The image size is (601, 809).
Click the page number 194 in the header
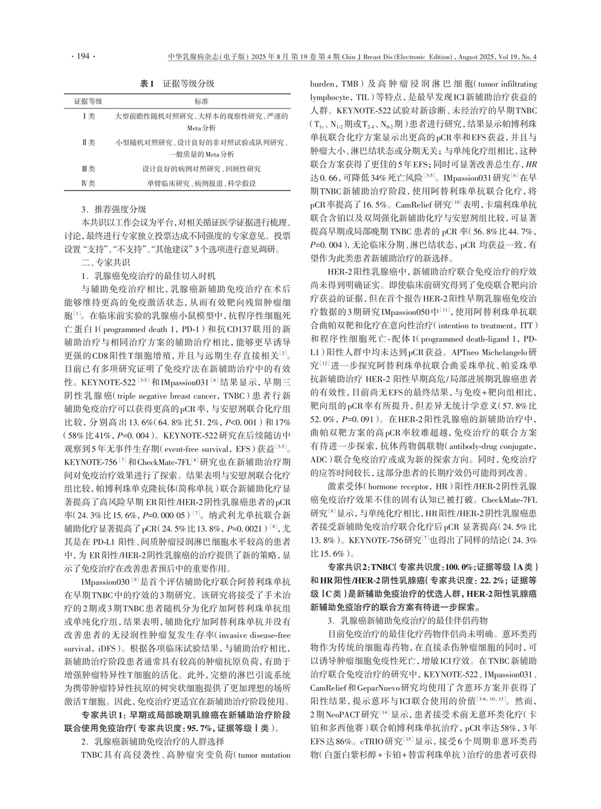83,56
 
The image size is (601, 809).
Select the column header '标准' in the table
202,102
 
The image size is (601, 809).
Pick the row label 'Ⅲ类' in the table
87,169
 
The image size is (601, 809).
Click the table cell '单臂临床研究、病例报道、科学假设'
202,184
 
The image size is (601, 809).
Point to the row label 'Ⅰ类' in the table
87,117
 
